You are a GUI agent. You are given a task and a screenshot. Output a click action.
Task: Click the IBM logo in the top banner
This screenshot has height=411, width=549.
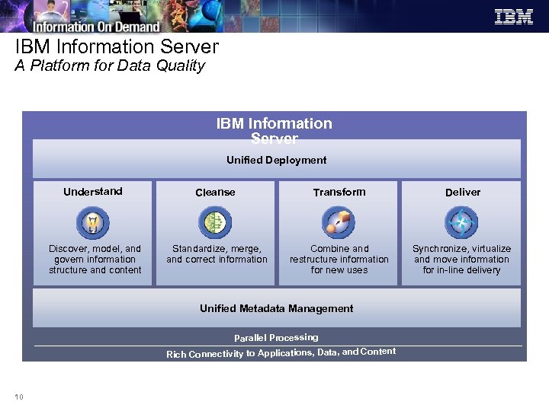(513, 16)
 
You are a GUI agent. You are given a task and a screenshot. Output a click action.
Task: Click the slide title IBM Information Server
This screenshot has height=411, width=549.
(117, 46)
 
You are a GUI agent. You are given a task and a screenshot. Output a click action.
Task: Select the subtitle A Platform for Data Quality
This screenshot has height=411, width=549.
(110, 65)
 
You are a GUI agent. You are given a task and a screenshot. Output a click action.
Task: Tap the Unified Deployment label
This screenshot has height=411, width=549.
(276, 160)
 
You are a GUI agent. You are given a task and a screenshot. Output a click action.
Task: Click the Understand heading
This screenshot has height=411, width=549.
(93, 191)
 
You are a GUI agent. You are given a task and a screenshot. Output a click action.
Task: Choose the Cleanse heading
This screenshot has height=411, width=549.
(215, 192)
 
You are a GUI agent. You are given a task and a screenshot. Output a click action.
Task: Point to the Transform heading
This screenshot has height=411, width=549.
(339, 192)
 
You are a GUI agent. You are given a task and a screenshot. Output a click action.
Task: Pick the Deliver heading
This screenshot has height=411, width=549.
(463, 192)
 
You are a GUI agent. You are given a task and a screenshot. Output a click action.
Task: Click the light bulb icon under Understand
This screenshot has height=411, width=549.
(93, 223)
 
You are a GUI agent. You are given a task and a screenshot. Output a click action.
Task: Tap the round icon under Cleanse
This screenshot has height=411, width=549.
(215, 223)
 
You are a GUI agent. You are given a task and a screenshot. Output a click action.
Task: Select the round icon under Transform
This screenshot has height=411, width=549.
(339, 223)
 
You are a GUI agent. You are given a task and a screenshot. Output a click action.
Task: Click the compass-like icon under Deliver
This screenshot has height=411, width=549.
(461, 223)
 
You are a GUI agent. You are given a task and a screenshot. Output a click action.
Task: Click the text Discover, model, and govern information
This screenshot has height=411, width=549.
(95, 259)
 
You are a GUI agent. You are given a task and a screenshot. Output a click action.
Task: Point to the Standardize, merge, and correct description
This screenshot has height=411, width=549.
(217, 254)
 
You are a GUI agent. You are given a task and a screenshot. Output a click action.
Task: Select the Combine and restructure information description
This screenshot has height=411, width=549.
(339, 259)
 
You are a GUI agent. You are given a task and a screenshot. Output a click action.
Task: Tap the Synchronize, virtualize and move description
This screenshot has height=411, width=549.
(462, 259)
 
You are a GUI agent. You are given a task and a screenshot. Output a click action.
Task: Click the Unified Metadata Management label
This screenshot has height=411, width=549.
(276, 308)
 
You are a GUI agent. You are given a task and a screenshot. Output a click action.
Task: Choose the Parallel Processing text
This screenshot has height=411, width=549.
(276, 337)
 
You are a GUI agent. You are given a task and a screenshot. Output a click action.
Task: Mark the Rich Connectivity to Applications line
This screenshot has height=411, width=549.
(281, 352)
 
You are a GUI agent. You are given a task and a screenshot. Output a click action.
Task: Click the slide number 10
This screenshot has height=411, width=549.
(18, 396)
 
